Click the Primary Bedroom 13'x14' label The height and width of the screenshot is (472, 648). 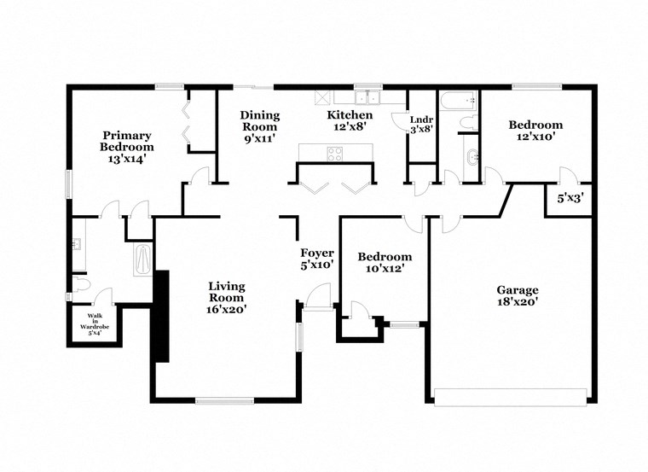[128, 147]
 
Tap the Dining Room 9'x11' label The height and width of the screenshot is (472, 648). [260, 126]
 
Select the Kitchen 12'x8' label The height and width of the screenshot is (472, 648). [350, 120]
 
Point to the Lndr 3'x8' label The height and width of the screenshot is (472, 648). [421, 125]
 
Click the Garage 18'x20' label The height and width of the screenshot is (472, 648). [512, 295]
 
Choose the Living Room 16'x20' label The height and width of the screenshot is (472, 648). [227, 297]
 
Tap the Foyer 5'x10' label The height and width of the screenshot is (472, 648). [316, 259]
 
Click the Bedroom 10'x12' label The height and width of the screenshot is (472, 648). [384, 262]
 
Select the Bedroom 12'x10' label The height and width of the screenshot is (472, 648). [535, 131]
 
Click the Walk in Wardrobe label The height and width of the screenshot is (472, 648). [95, 325]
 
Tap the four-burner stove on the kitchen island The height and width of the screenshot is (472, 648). [335, 154]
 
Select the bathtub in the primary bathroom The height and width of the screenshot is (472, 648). [143, 259]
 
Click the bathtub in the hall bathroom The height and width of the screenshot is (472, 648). [459, 100]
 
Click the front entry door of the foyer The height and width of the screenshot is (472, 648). [317, 299]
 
